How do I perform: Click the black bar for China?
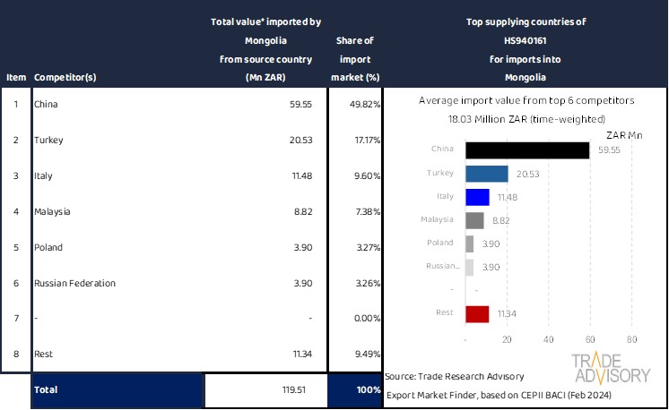pyautogui.click(x=528, y=150)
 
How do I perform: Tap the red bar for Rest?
pyautogui.click(x=477, y=313)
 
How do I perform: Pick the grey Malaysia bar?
pyautogui.click(x=475, y=220)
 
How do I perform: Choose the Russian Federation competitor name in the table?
pyautogui.click(x=74, y=283)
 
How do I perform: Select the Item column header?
pyautogui.click(x=16, y=78)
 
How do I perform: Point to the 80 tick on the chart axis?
pyautogui.click(x=631, y=339)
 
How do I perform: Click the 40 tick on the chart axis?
pyautogui.click(x=549, y=339)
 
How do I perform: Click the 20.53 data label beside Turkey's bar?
pyautogui.click(x=525, y=174)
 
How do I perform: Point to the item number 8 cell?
pyautogui.click(x=15, y=354)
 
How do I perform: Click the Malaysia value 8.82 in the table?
pyautogui.click(x=300, y=211)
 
